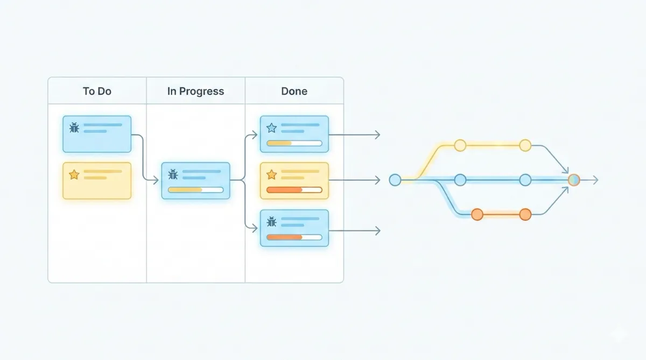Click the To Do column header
pyautogui.click(x=97, y=91)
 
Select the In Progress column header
pyautogui.click(x=195, y=91)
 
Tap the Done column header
pyautogui.click(x=294, y=91)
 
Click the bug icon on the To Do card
pyautogui.click(x=74, y=128)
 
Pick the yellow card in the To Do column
pyautogui.click(x=97, y=181)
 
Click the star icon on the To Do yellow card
pyautogui.click(x=74, y=174)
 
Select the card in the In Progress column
pyautogui.click(x=195, y=181)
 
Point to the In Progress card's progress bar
pyautogui.click(x=195, y=189)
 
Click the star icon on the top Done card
pyautogui.click(x=272, y=128)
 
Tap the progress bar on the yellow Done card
pyautogui.click(x=294, y=189)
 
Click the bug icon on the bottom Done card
pyautogui.click(x=272, y=222)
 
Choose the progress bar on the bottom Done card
pyautogui.click(x=294, y=237)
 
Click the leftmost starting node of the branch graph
pyautogui.click(x=395, y=180)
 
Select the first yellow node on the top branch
pyautogui.click(x=460, y=145)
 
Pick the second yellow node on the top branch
pyautogui.click(x=525, y=145)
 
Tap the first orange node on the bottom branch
pyautogui.click(x=477, y=214)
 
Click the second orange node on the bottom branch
pyautogui.click(x=525, y=214)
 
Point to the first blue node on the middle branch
pyautogui.click(x=460, y=180)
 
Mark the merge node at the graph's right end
pyautogui.click(x=574, y=180)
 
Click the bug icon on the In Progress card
pyautogui.click(x=173, y=174)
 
